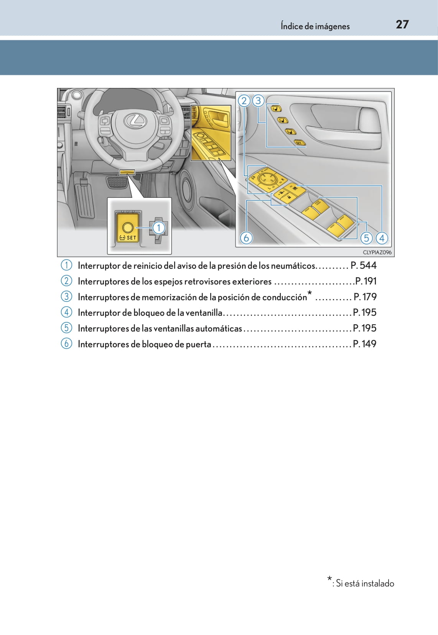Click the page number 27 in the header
coord(402,25)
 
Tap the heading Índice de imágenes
coord(315,26)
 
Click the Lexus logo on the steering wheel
coord(135,121)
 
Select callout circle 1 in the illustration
coord(158,228)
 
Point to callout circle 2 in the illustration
coord(244,101)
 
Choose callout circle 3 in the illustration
coord(258,101)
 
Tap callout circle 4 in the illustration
coord(382,238)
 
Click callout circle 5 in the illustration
coord(367,238)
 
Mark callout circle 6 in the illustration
coord(246,238)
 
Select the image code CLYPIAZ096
coord(377,252)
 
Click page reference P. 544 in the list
coord(364,265)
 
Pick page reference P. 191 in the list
coord(366,281)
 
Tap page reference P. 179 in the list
coord(365,297)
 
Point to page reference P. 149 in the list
coord(364,344)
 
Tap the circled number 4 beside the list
coord(66,312)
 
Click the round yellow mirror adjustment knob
coord(264,178)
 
